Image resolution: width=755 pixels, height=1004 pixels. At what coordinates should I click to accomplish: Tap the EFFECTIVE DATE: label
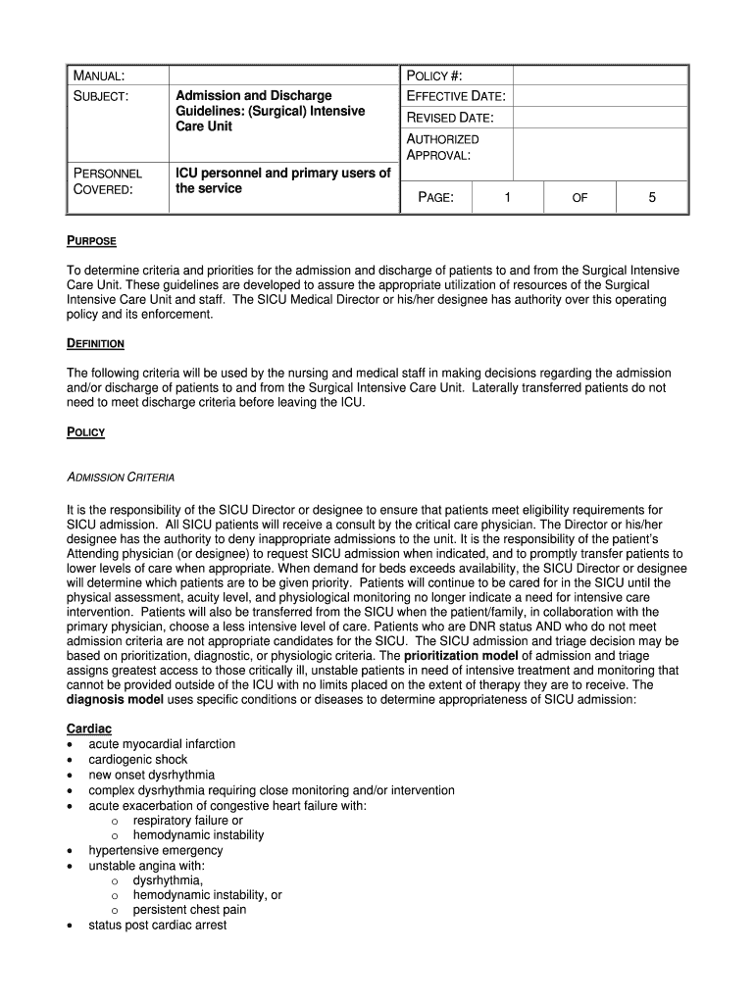click(x=456, y=96)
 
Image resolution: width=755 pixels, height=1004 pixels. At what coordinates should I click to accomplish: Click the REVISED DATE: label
click(x=450, y=118)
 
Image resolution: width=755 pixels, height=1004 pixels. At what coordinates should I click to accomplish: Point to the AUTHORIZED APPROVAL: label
click(x=442, y=147)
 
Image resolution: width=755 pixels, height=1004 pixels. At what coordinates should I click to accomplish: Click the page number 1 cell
click(x=507, y=198)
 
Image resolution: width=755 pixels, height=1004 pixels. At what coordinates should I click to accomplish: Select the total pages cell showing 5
click(x=652, y=198)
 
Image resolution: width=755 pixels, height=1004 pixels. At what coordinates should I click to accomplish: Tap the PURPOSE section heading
click(x=91, y=241)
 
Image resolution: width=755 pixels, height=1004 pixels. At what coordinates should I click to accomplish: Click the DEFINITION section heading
click(x=95, y=344)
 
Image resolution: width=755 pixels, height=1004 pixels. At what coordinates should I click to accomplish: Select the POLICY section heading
click(x=85, y=432)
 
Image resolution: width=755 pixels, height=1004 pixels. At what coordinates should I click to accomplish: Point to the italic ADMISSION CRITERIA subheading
click(x=120, y=477)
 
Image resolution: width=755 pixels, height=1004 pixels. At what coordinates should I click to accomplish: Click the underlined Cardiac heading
click(x=89, y=728)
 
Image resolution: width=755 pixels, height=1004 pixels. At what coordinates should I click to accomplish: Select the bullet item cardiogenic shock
click(x=137, y=759)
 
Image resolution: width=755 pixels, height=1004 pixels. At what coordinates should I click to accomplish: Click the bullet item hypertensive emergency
click(x=155, y=850)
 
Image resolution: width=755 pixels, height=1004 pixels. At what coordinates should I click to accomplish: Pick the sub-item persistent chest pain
click(x=189, y=910)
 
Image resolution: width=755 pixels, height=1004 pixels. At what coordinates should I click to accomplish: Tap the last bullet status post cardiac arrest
click(x=157, y=925)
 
